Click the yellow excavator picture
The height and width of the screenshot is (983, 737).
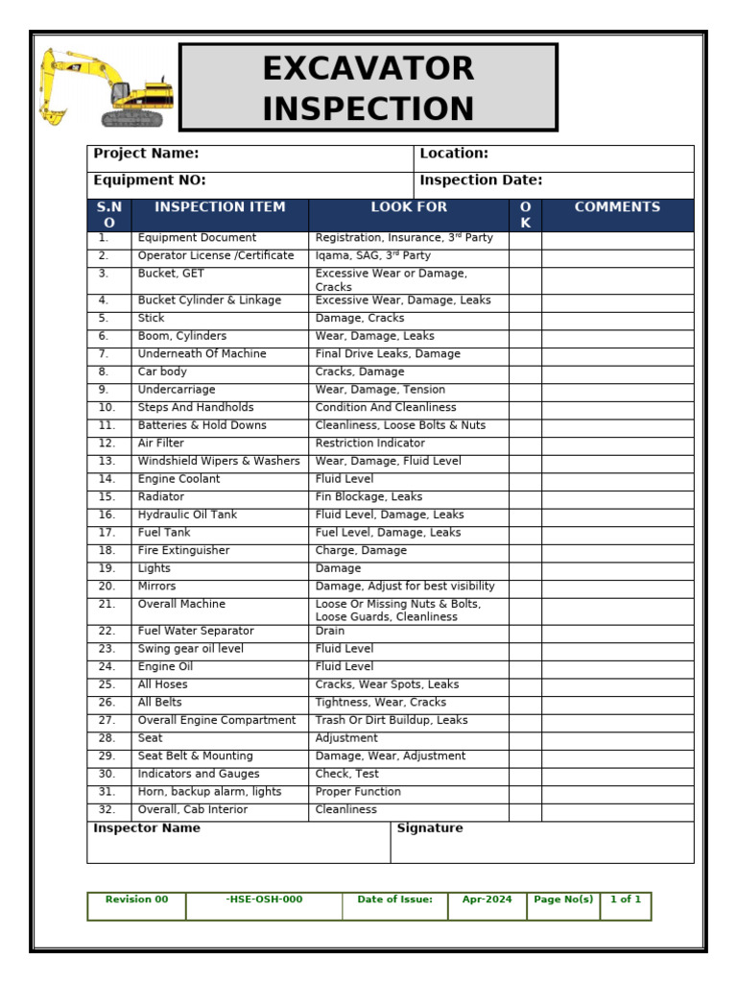[107, 88]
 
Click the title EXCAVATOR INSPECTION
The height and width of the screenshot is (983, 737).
[368, 88]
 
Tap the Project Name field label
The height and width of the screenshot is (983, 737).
[146, 154]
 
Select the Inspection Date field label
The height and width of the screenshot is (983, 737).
[481, 180]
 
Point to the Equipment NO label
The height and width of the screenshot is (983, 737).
[150, 180]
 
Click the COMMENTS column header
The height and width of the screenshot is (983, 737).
[617, 207]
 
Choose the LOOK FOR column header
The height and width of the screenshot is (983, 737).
[409, 207]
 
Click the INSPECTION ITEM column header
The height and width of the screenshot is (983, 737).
[220, 207]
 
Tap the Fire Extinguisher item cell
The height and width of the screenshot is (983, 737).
[183, 551]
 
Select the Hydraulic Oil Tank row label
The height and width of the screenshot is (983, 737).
[187, 515]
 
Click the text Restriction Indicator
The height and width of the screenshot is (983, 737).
[369, 444]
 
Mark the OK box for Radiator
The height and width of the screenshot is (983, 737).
[525, 497]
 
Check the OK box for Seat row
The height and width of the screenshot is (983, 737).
[525, 739]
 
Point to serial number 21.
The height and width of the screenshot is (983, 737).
[107, 605]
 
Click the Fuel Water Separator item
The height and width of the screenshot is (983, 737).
[196, 632]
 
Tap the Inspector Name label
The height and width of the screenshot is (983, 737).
[147, 828]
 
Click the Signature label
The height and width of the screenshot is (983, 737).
[430, 828]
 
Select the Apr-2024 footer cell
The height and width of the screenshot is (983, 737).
[487, 900]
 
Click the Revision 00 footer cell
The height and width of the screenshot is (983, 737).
[136, 900]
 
